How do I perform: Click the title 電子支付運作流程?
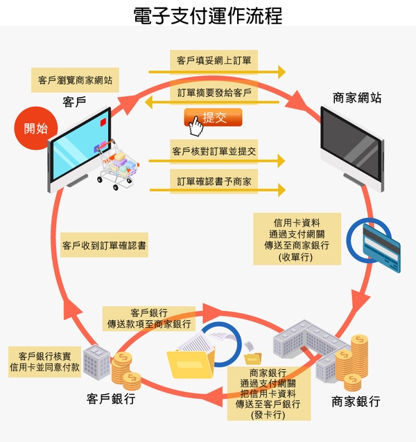tap(208, 15)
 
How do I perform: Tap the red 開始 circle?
tap(36, 128)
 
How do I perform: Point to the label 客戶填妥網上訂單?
tap(214, 61)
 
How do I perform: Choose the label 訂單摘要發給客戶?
tap(214, 92)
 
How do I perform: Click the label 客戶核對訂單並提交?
tap(214, 150)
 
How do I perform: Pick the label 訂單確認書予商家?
tap(214, 182)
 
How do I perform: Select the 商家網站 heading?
tap(357, 98)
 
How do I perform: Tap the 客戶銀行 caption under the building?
tap(111, 399)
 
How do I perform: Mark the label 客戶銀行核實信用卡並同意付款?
tap(45, 361)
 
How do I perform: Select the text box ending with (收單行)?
tap(297, 239)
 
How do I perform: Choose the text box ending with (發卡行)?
tap(263, 393)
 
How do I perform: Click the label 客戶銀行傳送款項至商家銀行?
tap(149, 318)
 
